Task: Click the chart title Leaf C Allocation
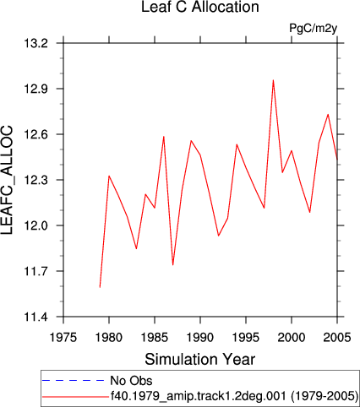click(x=200, y=7)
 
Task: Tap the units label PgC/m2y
click(x=314, y=28)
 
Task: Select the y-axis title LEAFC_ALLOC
click(x=7, y=180)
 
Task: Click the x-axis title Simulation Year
click(x=200, y=360)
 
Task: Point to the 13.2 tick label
click(x=40, y=43)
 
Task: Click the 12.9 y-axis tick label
click(x=40, y=89)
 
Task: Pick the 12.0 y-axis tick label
click(x=40, y=225)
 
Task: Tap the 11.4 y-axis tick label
click(x=40, y=317)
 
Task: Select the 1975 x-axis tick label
click(x=63, y=337)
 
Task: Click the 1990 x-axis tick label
click(x=200, y=337)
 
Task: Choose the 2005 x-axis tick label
click(x=337, y=337)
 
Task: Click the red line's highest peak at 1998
click(x=273, y=80)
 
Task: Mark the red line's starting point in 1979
click(x=100, y=287)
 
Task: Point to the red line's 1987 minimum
click(x=172, y=265)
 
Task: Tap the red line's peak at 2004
click(x=328, y=114)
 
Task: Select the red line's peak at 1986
click(x=164, y=137)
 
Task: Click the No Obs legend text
click(x=131, y=381)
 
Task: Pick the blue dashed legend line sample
click(x=74, y=381)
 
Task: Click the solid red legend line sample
click(x=75, y=397)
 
